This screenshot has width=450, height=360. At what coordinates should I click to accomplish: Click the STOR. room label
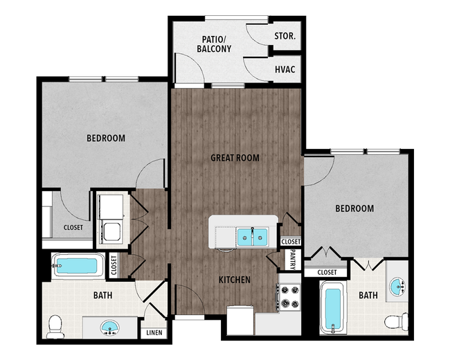[x=285, y=36]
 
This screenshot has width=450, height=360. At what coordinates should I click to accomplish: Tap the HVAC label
[x=285, y=69]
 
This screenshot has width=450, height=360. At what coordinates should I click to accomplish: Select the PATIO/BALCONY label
[x=214, y=44]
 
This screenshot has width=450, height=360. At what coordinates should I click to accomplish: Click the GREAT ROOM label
[x=235, y=158]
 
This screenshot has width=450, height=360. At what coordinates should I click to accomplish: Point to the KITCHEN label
[x=235, y=280]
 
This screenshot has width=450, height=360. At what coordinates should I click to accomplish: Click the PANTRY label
[x=293, y=260]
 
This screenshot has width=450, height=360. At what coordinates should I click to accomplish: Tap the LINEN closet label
[x=154, y=333]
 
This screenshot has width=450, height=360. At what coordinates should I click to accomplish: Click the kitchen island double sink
[x=252, y=237]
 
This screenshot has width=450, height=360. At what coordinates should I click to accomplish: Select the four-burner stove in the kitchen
[x=289, y=297]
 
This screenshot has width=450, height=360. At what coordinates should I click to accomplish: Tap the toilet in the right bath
[x=396, y=321]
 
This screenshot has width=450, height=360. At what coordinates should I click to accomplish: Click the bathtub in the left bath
[x=78, y=266]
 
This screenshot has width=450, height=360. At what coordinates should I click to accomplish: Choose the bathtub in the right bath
[x=333, y=307]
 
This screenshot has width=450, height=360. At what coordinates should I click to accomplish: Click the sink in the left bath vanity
[x=110, y=327]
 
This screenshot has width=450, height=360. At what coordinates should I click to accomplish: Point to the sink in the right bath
[x=398, y=286]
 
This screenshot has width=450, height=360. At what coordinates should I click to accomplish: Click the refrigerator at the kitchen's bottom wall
[x=240, y=320]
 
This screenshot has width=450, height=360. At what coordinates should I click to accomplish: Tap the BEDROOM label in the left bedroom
[x=106, y=138]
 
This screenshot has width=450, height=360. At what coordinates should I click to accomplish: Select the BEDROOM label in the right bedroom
[x=354, y=208]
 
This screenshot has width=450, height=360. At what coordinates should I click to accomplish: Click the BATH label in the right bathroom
[x=368, y=295]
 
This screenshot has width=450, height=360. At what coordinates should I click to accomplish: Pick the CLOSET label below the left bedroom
[x=73, y=227]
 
